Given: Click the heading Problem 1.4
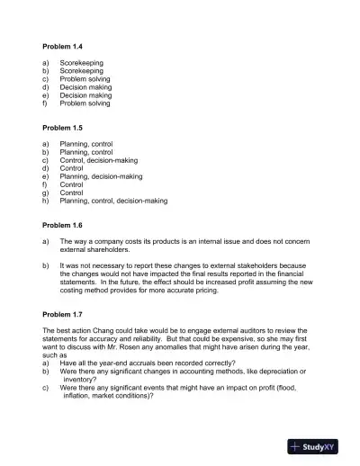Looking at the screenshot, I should (63, 45).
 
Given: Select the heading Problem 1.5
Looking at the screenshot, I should (63, 129).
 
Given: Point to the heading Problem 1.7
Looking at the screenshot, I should (63, 316).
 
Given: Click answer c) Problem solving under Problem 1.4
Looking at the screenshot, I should (85, 79).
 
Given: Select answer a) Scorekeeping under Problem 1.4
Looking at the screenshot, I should (81, 62).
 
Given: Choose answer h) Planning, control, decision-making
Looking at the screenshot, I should (113, 202).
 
